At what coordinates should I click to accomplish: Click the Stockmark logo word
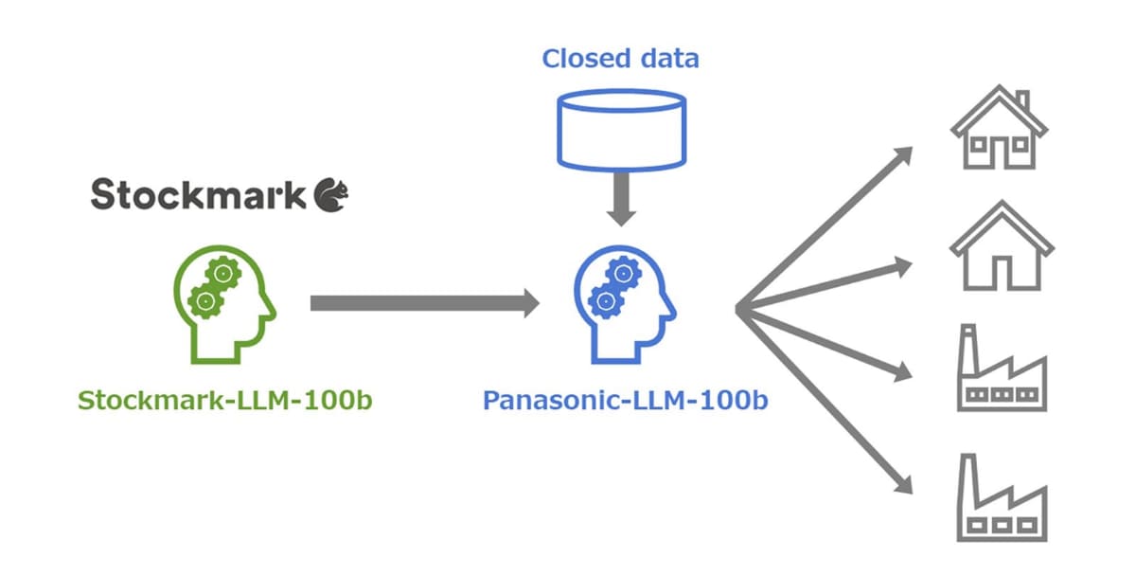[199, 195]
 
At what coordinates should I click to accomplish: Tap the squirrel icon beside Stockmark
[331, 194]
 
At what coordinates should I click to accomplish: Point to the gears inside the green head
[214, 288]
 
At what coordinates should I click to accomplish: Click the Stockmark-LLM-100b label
[224, 401]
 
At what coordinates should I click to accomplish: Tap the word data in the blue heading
[666, 59]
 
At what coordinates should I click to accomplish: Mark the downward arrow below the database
[621, 201]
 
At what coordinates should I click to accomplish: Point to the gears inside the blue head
[614, 288]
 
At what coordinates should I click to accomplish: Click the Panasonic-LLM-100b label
[626, 401]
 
